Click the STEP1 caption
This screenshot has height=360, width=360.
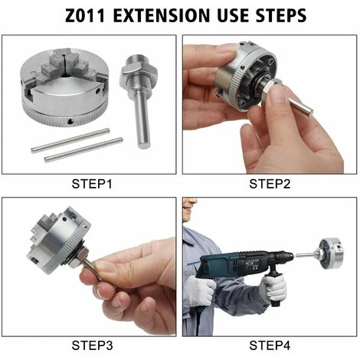pos(92,184)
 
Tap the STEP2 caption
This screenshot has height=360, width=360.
pos(270,184)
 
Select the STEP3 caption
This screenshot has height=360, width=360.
pos(92,345)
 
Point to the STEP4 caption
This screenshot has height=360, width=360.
pos(270,345)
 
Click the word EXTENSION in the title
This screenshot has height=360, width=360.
pos(162,15)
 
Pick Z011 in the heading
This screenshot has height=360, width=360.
pos(85,15)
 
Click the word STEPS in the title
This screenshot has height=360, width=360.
pos(281,15)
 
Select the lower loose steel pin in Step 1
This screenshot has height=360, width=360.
pos(83,150)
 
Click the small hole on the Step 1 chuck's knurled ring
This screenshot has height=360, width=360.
pos(70,122)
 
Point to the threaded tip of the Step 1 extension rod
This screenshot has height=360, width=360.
pos(139,60)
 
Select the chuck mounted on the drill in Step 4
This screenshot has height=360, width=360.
pos(329,254)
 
